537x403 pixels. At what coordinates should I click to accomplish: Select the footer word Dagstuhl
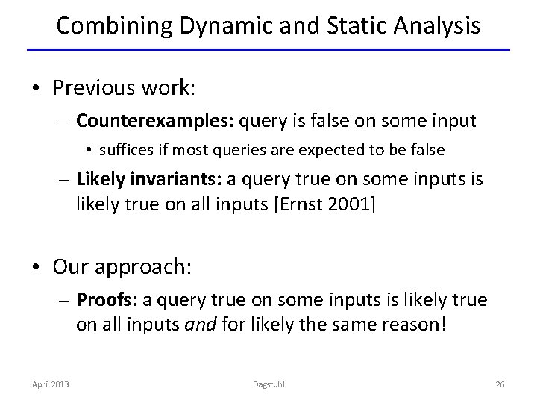(268, 384)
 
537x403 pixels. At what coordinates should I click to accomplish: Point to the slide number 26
(500, 384)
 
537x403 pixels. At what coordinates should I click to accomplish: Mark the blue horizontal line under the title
(268, 50)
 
